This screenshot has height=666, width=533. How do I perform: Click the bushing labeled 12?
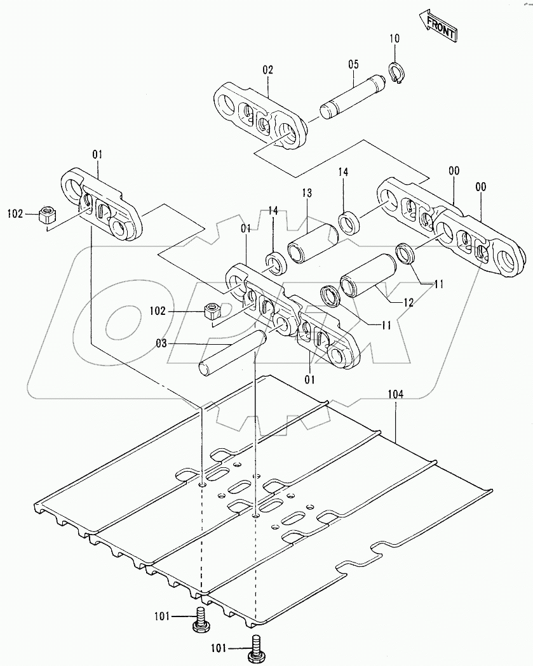tap(368, 276)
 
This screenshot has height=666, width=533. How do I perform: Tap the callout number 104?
tap(395, 394)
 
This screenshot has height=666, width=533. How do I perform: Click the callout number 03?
tap(162, 343)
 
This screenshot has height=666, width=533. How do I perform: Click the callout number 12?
tap(408, 303)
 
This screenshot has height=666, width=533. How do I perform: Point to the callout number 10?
tap(395, 39)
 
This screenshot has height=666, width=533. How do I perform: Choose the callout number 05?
tap(353, 64)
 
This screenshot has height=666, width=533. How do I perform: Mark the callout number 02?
tap(267, 70)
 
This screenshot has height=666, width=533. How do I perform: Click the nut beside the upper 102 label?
tap(46, 215)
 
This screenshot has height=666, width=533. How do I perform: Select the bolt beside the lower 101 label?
tap(258, 648)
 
